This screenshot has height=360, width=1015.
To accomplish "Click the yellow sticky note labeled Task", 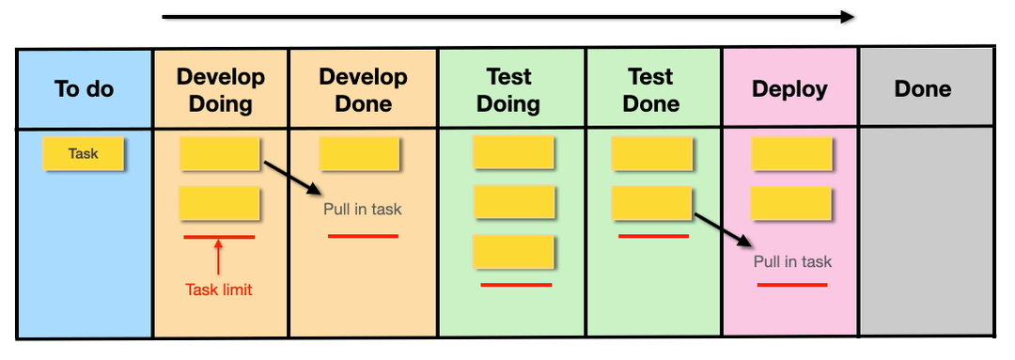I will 84,153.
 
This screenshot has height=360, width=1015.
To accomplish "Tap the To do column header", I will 84,89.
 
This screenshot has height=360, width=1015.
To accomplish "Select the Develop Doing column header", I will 221,89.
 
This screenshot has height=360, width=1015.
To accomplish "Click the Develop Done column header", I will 363,89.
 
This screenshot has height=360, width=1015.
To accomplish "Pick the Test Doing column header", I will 508,89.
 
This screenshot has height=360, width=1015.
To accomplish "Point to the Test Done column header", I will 651,89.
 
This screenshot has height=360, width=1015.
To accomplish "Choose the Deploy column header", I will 789,89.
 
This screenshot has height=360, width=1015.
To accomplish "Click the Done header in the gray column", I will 923,89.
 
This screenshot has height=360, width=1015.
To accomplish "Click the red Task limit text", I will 219,290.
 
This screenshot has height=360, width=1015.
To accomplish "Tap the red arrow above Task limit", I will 218,256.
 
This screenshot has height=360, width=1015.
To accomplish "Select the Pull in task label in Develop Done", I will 363,209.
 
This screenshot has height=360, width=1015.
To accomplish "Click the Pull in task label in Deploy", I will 792,261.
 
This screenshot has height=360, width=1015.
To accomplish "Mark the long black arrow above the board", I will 507,16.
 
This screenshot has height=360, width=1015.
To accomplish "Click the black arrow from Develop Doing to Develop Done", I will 292,178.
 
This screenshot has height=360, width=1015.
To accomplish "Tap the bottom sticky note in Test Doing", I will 513,252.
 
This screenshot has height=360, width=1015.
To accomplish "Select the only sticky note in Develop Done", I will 360,153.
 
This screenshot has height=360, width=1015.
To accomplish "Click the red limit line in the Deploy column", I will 792,283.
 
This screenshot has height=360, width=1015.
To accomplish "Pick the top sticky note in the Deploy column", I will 791,153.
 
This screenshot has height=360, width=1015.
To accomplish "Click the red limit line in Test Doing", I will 516,284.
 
